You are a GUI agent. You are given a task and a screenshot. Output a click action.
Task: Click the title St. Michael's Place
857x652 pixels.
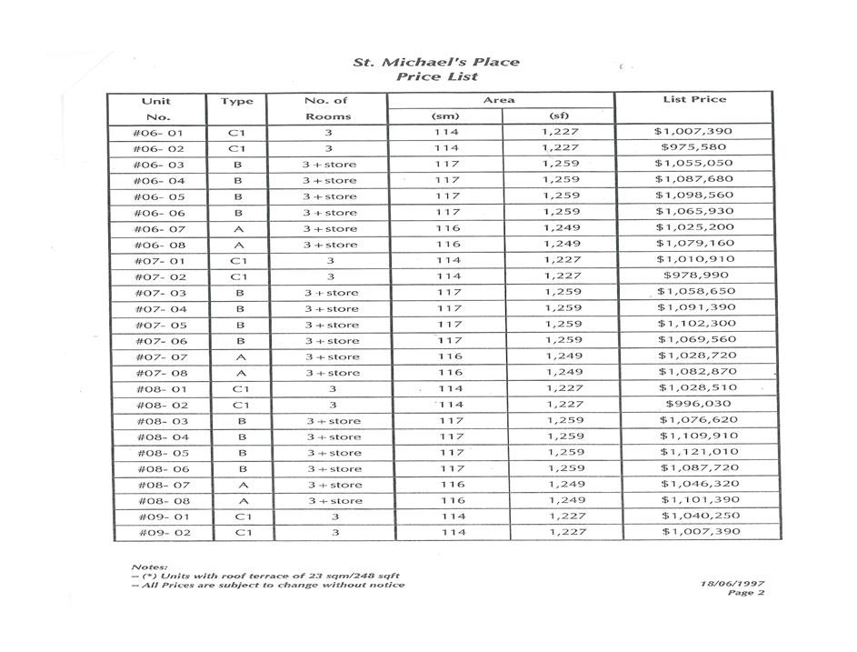tap(436, 62)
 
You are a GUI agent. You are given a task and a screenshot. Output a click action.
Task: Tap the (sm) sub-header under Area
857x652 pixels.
tap(445, 116)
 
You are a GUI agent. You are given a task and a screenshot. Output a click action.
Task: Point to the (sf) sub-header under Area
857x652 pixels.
tap(559, 116)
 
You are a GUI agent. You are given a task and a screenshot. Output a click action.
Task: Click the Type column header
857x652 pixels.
tap(236, 101)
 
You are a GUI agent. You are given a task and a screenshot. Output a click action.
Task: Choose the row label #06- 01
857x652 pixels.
tap(158, 132)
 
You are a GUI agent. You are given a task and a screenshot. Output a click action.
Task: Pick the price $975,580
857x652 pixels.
tap(694, 147)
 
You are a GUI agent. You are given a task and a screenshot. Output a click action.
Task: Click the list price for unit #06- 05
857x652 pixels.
tap(694, 196)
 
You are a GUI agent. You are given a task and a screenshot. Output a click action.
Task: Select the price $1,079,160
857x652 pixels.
tap(694, 244)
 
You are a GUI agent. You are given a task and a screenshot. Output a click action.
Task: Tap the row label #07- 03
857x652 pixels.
tap(160, 293)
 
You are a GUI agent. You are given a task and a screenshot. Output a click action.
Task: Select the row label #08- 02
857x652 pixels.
tap(162, 405)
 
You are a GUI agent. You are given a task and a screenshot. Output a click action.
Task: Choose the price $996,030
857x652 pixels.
tap(698, 404)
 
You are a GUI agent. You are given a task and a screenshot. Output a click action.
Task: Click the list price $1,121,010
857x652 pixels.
tap(699, 452)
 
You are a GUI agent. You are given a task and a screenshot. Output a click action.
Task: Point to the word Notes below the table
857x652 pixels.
tap(149, 566)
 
